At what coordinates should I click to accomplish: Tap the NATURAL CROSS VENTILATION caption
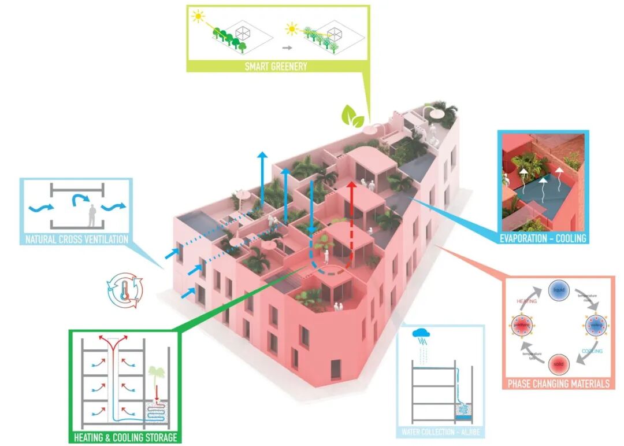coord(76,238)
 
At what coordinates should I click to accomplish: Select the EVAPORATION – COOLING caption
coord(543,238)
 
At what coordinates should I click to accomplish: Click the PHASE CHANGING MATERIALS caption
coord(558,384)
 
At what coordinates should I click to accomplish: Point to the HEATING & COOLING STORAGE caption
coord(125,437)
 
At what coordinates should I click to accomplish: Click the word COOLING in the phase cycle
coord(591,351)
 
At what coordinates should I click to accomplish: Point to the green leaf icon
coord(352,117)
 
